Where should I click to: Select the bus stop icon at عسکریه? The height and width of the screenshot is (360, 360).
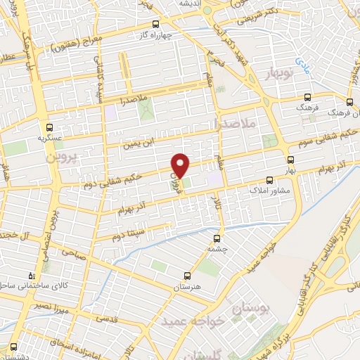[49, 127]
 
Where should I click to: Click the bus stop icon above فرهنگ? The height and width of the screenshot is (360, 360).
[307, 98]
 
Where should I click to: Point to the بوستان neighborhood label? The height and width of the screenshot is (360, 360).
[251, 307]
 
